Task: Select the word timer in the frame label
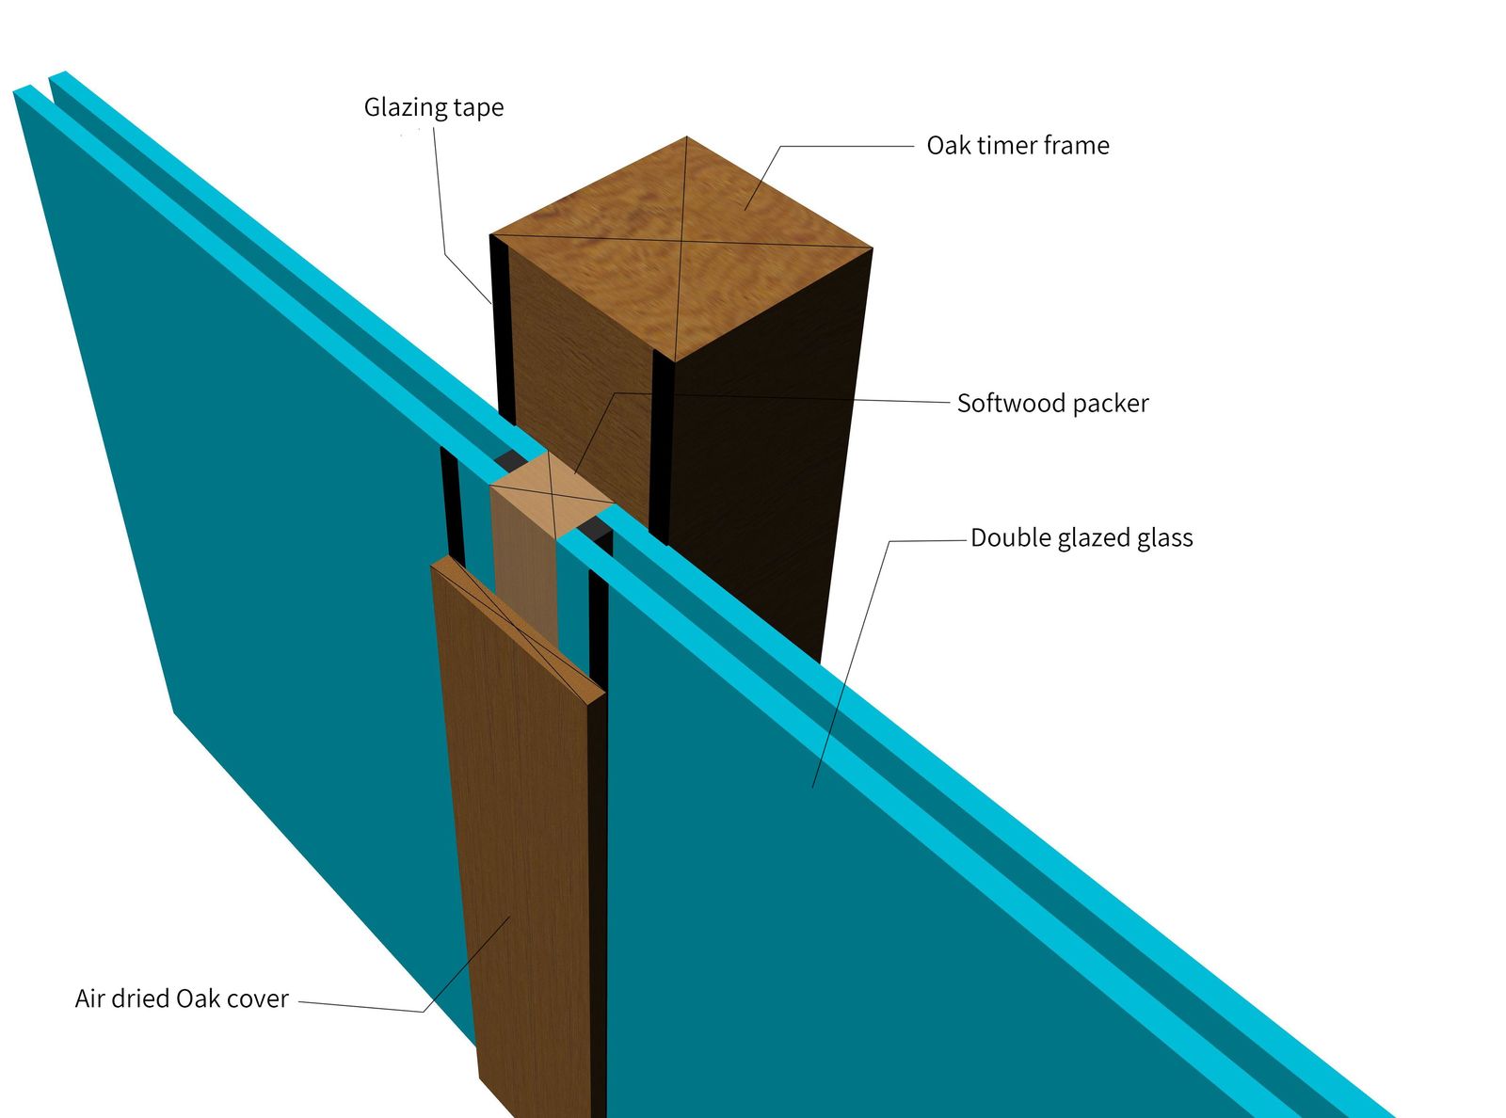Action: point(1006,146)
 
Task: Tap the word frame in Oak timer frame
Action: point(1077,146)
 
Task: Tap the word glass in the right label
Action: point(1165,538)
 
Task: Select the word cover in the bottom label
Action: point(257,998)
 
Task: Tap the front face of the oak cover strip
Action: point(522,847)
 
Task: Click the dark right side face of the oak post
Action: point(762,471)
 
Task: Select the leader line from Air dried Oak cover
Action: point(466,965)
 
